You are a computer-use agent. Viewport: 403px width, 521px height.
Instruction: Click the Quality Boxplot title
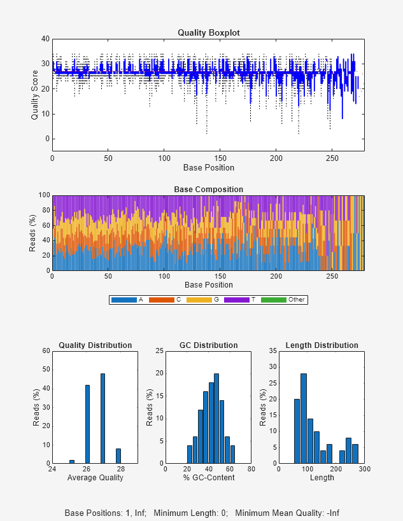[208, 32]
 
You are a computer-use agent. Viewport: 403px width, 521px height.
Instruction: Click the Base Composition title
[208, 190]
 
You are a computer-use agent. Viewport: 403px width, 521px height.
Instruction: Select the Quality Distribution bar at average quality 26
[87, 424]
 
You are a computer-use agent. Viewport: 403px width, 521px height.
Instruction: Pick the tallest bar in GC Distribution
[216, 418]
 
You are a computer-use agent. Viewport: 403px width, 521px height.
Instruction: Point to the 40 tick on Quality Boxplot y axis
[45, 39]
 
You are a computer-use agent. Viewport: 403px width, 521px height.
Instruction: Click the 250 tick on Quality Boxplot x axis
[332, 158]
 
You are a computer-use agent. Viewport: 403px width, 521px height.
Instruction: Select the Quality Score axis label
[35, 95]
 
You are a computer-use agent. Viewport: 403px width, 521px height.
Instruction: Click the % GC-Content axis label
[208, 478]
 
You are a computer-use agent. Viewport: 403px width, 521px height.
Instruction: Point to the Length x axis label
[322, 478]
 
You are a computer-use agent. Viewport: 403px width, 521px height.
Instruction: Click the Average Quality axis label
[95, 478]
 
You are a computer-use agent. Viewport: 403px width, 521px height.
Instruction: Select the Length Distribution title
[322, 345]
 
